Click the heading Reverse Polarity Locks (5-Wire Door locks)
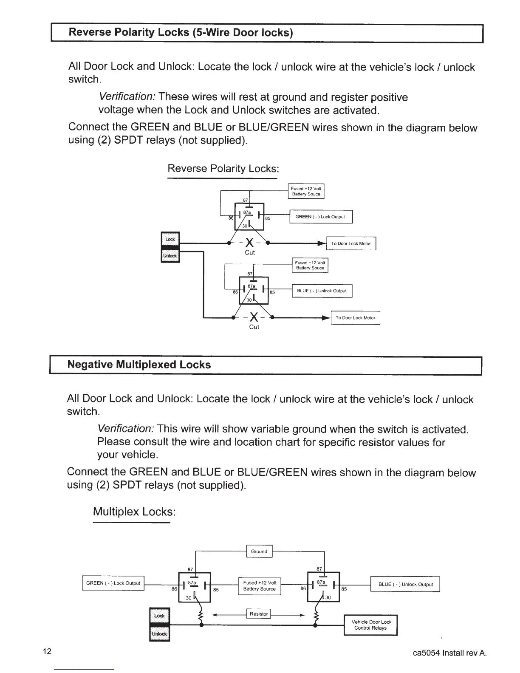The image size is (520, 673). click(x=181, y=33)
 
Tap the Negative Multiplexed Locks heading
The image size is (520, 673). click(x=139, y=365)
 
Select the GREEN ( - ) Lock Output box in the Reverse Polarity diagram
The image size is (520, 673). click(x=320, y=217)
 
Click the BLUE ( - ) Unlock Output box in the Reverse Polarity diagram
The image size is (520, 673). click(x=322, y=291)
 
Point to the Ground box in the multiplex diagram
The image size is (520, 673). click(x=259, y=551)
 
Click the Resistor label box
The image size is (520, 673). click(x=259, y=614)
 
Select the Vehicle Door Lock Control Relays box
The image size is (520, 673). click(x=370, y=625)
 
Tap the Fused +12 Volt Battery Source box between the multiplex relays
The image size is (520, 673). click(x=260, y=586)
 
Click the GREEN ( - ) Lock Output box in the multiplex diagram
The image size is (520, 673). click(x=113, y=583)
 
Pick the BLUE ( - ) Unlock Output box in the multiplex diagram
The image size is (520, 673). click(x=405, y=584)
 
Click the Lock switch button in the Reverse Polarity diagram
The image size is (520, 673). click(x=170, y=239)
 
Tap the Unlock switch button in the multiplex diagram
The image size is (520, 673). click(x=160, y=634)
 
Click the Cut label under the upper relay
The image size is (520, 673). click(x=250, y=253)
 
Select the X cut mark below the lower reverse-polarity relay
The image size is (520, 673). click(x=254, y=317)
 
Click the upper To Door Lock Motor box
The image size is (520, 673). click(x=351, y=243)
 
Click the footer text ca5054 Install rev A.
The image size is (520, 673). click(x=449, y=653)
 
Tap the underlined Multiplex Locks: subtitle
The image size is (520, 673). click(x=134, y=512)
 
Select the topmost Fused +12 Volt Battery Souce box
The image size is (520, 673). click(x=306, y=191)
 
